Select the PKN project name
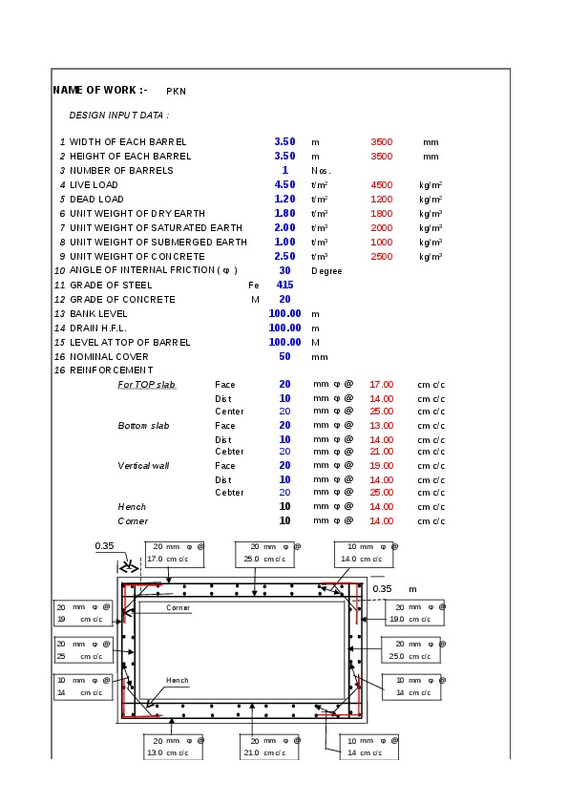pyautogui.click(x=176, y=92)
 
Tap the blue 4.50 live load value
pyautogui.click(x=284, y=184)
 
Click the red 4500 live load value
pyautogui.click(x=382, y=185)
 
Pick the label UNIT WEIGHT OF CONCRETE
pyautogui.click(x=137, y=256)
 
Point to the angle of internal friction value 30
pyautogui.click(x=284, y=271)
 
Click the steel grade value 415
pyautogui.click(x=285, y=286)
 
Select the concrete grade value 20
pyautogui.click(x=284, y=300)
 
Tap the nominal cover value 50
pyautogui.click(x=284, y=357)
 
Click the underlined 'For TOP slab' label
pyautogui.click(x=147, y=385)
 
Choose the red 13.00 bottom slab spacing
pyautogui.click(x=382, y=426)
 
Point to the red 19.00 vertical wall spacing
pyautogui.click(x=382, y=466)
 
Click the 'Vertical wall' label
pyautogui.click(x=143, y=466)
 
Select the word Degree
pyautogui.click(x=326, y=271)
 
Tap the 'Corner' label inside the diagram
pyautogui.click(x=178, y=607)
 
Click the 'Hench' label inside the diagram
pyautogui.click(x=177, y=681)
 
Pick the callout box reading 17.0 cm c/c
pyautogui.click(x=175, y=554)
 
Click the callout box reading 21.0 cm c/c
pyautogui.click(x=269, y=747)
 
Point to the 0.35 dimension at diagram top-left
pyautogui.click(x=104, y=546)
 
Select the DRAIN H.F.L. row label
pyautogui.click(x=98, y=328)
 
